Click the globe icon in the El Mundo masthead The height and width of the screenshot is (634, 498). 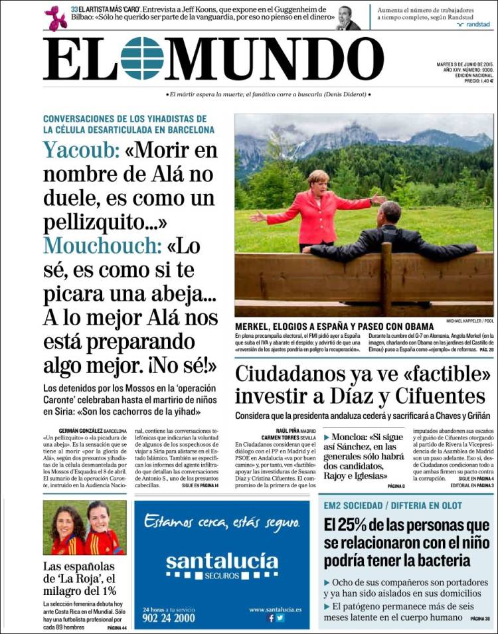[x=142, y=58]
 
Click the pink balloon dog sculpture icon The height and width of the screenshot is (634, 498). [x=56, y=18]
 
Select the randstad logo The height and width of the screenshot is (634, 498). [x=472, y=25]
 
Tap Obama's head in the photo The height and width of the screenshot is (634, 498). [x=391, y=212]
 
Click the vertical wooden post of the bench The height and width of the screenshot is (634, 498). [x=386, y=279]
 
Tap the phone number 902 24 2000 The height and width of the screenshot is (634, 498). [x=169, y=617]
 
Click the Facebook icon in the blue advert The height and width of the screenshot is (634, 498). [x=271, y=618]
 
